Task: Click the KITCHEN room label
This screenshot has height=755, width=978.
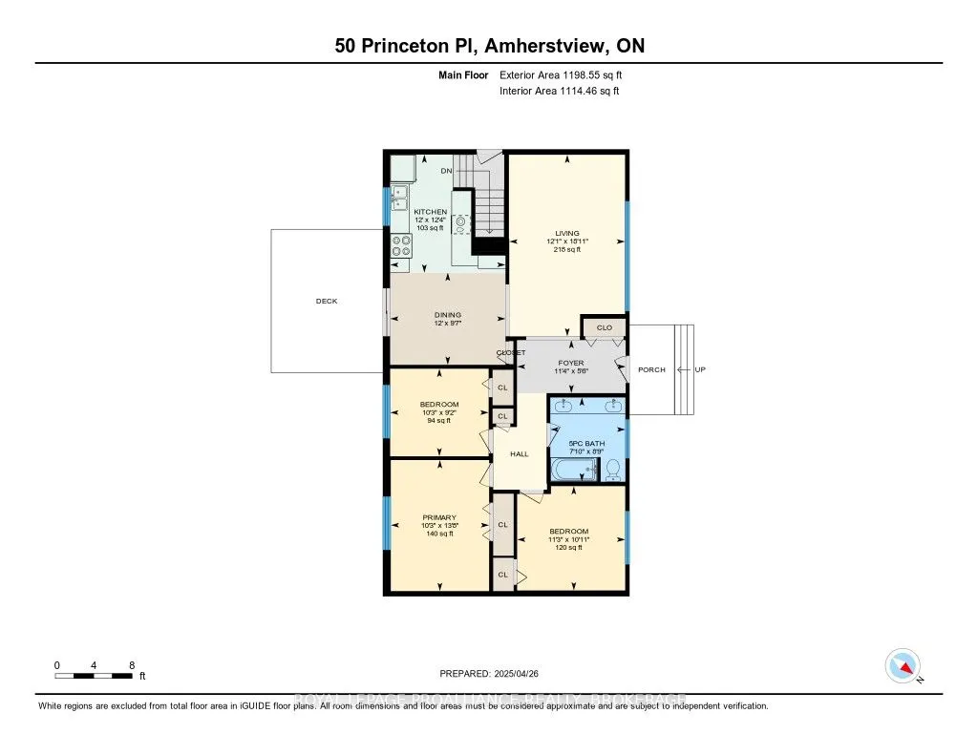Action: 430,211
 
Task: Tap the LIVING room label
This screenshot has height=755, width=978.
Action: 566,232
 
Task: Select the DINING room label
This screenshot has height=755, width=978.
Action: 448,314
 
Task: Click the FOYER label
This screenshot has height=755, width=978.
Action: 571,363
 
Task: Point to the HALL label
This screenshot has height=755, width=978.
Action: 519,453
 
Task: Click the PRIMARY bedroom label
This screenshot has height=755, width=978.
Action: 439,517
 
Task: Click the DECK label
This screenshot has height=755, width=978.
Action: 327,301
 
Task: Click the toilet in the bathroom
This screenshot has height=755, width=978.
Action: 614,469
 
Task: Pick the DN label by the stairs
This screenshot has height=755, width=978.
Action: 446,171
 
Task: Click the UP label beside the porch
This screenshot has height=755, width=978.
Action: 700,369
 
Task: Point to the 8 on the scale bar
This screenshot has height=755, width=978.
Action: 131,664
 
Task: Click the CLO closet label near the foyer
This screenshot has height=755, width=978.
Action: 604,327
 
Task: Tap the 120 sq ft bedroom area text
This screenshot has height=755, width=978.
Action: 569,548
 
